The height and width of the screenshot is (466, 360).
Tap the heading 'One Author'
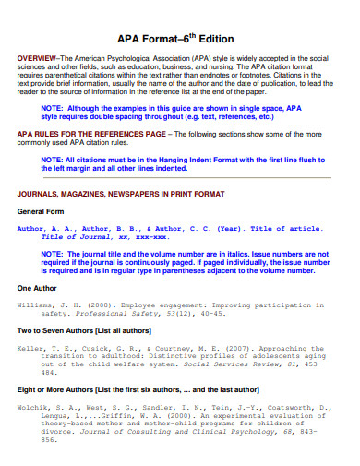(x=38, y=288)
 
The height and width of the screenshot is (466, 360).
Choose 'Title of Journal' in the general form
(x=79, y=236)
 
